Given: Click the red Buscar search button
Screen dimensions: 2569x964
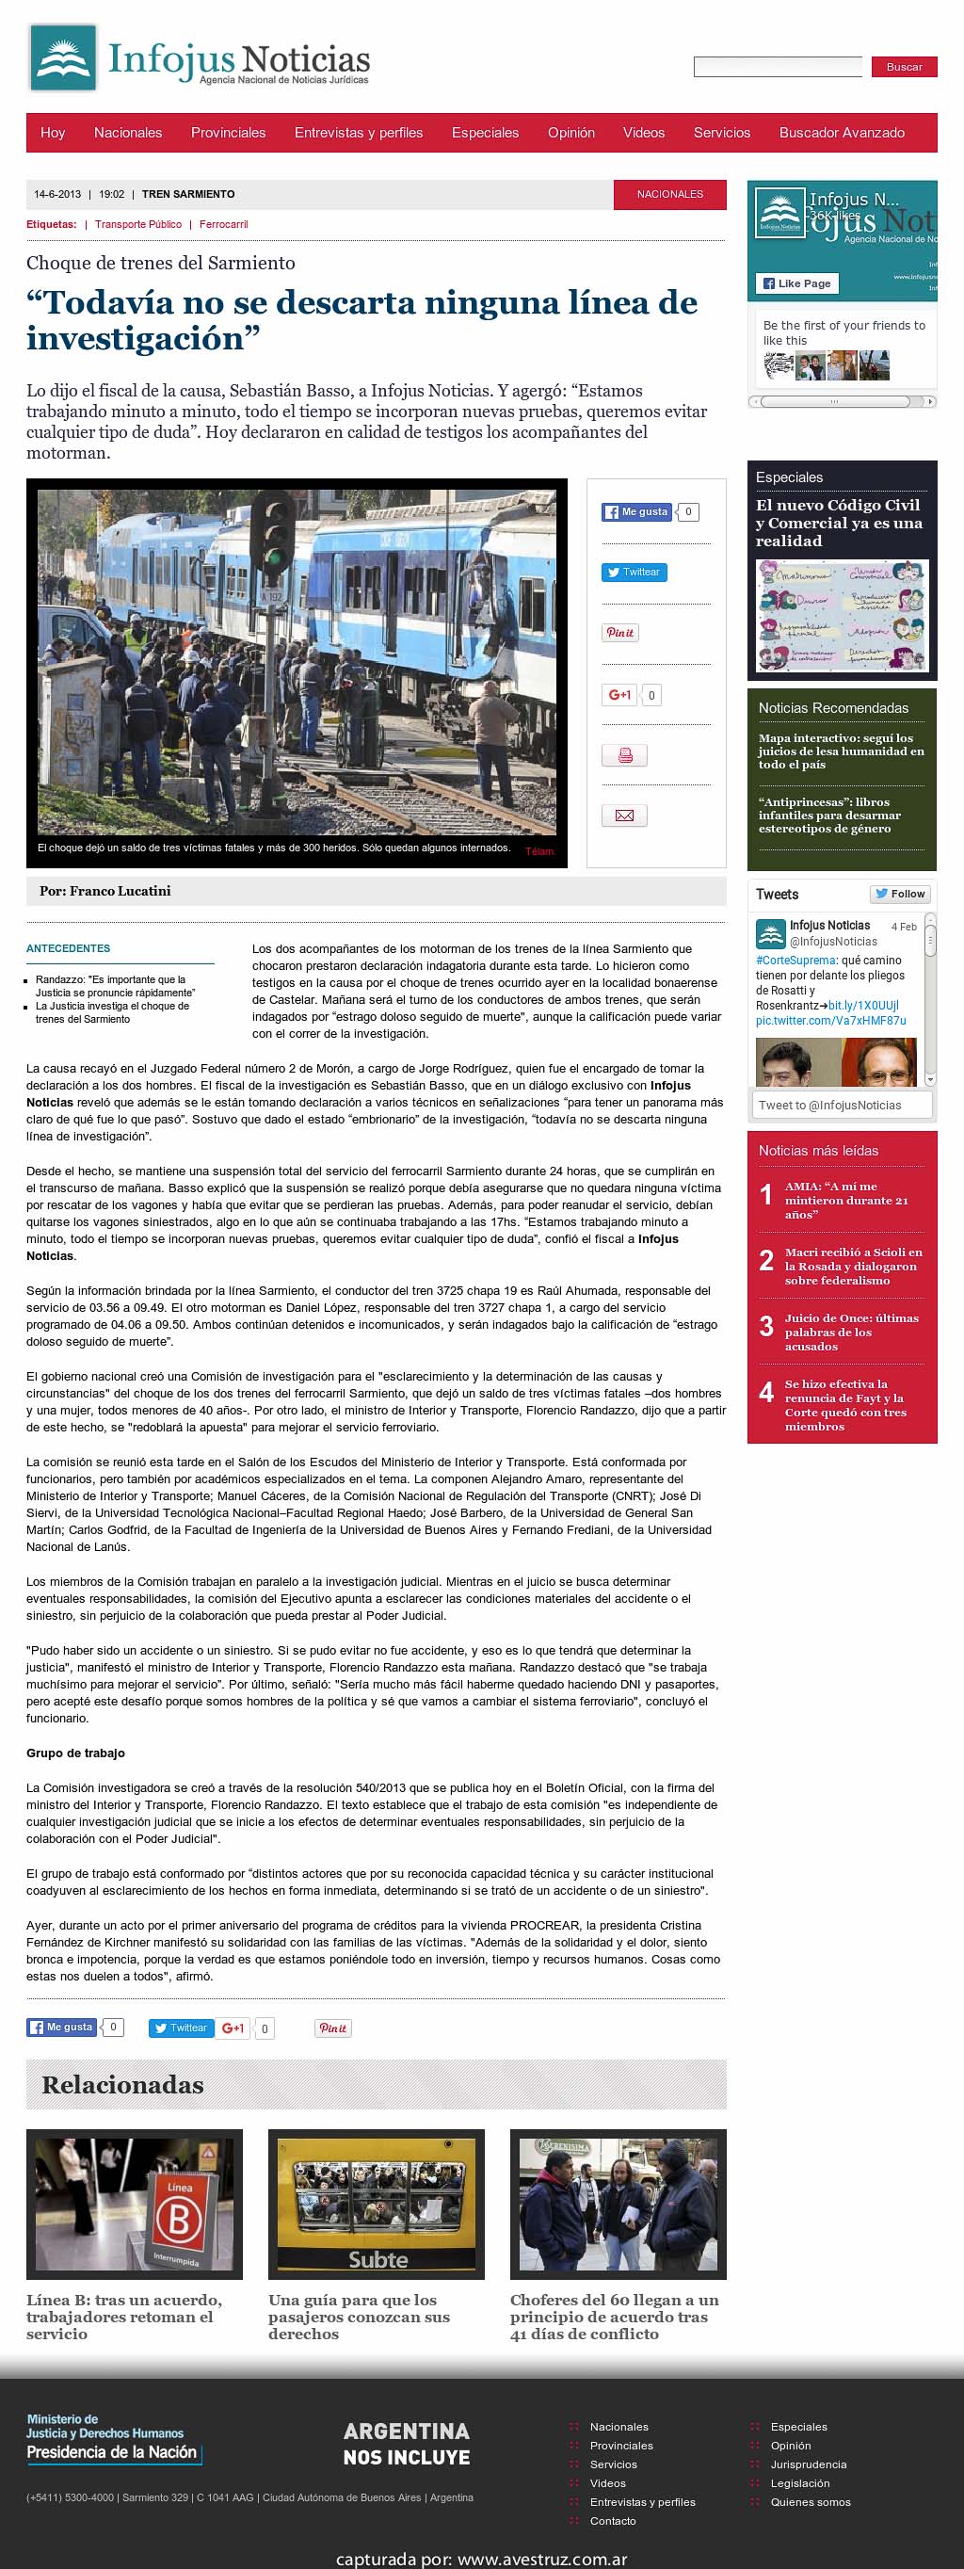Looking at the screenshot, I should [x=904, y=67].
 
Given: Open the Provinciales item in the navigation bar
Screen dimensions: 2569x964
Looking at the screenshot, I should [x=228, y=133].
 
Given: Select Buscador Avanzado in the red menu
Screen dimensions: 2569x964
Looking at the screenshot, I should [x=842, y=133].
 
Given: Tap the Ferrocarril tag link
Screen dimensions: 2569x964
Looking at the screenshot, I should [x=223, y=224].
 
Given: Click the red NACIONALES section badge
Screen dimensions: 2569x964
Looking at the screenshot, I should [x=670, y=195].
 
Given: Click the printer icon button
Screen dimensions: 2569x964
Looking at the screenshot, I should [x=624, y=755].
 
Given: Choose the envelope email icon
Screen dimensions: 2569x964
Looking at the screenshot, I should [x=624, y=815].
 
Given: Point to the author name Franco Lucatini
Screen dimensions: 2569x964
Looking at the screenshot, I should [x=120, y=891].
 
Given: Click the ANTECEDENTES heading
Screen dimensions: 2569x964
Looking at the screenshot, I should [x=68, y=948].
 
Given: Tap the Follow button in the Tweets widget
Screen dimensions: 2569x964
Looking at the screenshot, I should [x=900, y=894].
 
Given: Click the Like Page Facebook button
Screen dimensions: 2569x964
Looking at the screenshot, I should [x=796, y=283].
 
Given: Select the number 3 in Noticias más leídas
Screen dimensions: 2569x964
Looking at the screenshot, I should [x=765, y=1326].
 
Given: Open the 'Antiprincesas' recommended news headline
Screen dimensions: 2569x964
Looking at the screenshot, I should [x=828, y=815].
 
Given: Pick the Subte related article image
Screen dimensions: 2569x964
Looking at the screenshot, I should [x=376, y=2203].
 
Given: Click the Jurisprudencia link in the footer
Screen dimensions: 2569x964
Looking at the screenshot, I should [x=808, y=2464].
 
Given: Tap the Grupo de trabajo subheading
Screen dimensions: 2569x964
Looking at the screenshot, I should [x=75, y=1753].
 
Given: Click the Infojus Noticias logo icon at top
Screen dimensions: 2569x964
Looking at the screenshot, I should [x=64, y=57].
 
